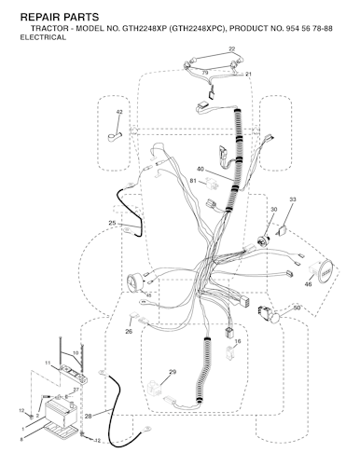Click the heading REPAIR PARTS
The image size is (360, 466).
[x=60, y=17]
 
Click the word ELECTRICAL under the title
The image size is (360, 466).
[x=43, y=37]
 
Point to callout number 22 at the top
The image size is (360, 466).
[x=231, y=48]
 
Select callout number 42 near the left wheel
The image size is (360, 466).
[x=119, y=112]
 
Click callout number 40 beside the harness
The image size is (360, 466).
[x=201, y=169]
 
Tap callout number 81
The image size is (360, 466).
[x=193, y=181]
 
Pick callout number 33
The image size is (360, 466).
[x=293, y=199]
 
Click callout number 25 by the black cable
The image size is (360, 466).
[x=112, y=223]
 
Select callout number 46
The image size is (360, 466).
[x=308, y=284]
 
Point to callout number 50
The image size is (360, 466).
[x=297, y=308]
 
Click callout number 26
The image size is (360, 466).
[x=129, y=332]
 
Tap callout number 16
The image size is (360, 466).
[x=238, y=341]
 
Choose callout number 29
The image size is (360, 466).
[x=173, y=372]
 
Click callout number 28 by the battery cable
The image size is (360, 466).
[x=89, y=416]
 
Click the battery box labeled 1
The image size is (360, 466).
[x=61, y=414]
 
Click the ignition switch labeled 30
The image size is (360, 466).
[x=264, y=240]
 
